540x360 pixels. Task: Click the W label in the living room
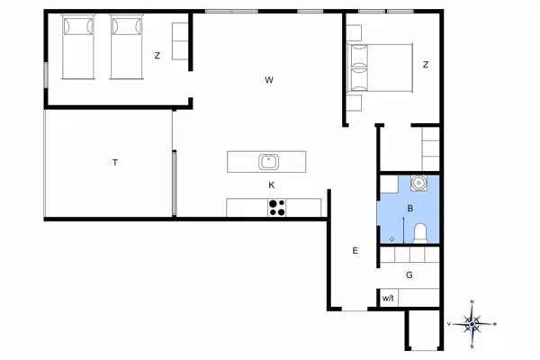[x=269, y=80]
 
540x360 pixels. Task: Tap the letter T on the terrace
[x=115, y=163]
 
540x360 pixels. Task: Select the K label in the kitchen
[x=271, y=185]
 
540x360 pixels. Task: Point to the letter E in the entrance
[x=355, y=251]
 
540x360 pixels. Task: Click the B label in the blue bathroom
[x=410, y=209]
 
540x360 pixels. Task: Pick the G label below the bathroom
[x=409, y=275]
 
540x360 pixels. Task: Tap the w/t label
[x=388, y=298]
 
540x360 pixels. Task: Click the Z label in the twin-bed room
[x=157, y=56]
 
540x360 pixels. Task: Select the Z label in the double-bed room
[x=426, y=64]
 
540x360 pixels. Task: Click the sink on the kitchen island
[x=268, y=162]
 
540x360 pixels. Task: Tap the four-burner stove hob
[x=276, y=208]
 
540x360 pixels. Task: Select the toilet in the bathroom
[x=419, y=234]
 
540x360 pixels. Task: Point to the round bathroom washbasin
[x=418, y=183]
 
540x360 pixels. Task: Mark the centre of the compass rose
[x=472, y=322]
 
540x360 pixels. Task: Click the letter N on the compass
[x=472, y=303]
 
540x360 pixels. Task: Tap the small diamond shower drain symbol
[x=392, y=238]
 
